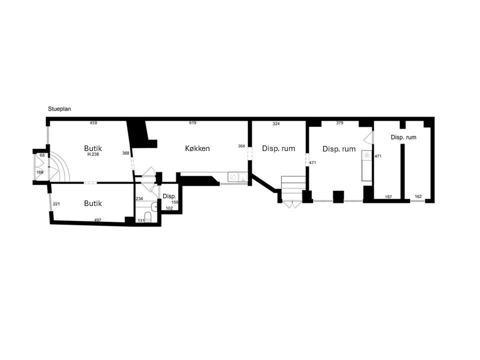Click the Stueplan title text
(59, 109)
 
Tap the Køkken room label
(197, 148)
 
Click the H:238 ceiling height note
(93, 154)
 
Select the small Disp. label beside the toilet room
(169, 196)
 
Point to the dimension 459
(93, 123)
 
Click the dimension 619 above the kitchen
(192, 123)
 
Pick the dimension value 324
(276, 124)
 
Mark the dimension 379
(339, 123)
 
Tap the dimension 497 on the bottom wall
(97, 220)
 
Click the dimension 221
(56, 204)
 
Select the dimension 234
(139, 198)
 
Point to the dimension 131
(141, 220)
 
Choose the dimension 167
(388, 197)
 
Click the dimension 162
(418, 196)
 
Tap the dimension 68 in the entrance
(42, 155)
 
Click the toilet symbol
(147, 216)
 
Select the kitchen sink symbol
(243, 176)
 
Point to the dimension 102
(169, 208)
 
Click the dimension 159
(175, 202)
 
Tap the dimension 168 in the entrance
(40, 172)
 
